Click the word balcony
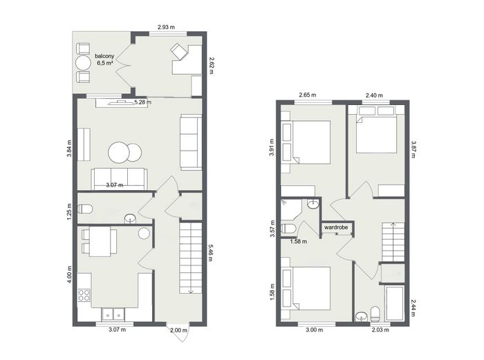[104, 56]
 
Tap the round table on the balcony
[83, 63]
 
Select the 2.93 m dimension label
[166, 27]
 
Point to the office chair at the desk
[179, 51]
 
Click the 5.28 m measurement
[142, 102]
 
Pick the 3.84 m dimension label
[69, 149]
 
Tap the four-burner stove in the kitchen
[84, 294]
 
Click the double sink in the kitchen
[113, 314]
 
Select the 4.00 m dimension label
[69, 274]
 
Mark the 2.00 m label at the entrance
[178, 330]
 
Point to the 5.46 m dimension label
[210, 253]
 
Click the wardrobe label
[336, 227]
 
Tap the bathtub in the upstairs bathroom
[395, 303]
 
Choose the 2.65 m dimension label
[308, 95]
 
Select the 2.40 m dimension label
[374, 95]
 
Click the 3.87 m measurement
[413, 150]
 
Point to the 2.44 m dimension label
[413, 307]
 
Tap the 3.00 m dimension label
[314, 330]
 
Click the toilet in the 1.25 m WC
[85, 209]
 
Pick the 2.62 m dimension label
[211, 66]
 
